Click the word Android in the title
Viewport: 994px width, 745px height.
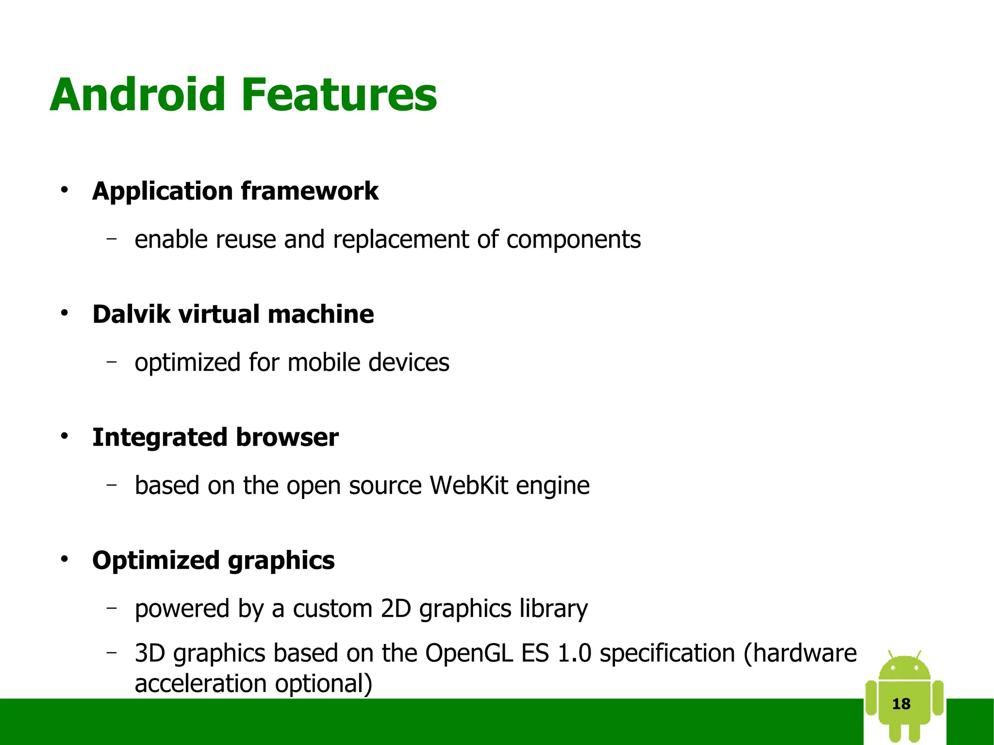[x=137, y=95]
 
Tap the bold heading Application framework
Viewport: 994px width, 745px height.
[x=235, y=191]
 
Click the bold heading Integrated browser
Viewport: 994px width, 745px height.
[x=215, y=437]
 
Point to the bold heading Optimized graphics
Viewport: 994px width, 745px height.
[x=213, y=561]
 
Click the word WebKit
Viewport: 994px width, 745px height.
[x=469, y=485]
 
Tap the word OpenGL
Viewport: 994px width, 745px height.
[x=469, y=653]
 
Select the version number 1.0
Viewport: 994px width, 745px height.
[x=574, y=653]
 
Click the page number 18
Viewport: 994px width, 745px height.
[x=901, y=704]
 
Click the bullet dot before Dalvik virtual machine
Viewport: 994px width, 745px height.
[x=65, y=314]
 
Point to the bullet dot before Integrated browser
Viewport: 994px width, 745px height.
[x=65, y=437]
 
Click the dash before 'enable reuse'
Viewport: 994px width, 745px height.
[x=112, y=238]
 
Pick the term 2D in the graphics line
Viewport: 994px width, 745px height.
[x=396, y=609]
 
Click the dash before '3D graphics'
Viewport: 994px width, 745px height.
[x=112, y=652]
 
